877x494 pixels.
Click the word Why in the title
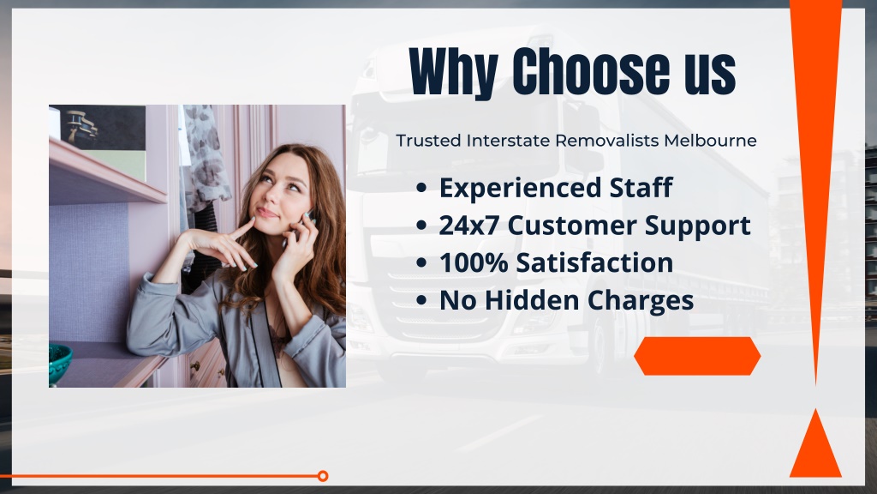(x=454, y=72)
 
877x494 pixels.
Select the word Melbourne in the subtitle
(x=710, y=140)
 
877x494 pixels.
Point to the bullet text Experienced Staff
(x=555, y=188)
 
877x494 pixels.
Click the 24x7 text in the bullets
(x=469, y=226)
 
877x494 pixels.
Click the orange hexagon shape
(x=697, y=356)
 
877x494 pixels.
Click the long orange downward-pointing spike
(x=815, y=168)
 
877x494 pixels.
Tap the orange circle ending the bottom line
(x=323, y=476)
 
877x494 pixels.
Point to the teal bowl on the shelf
(x=60, y=364)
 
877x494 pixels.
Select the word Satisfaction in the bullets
(x=594, y=262)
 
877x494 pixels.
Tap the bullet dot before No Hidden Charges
(x=421, y=300)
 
